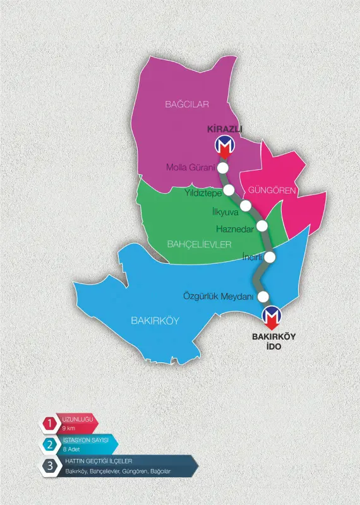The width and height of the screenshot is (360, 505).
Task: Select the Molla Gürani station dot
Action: (223, 168)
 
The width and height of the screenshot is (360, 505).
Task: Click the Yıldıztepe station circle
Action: (229, 190)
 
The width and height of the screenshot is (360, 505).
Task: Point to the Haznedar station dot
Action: (262, 226)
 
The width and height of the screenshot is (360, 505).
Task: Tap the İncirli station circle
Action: (270, 257)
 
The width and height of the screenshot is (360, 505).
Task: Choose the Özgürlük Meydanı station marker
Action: (263, 297)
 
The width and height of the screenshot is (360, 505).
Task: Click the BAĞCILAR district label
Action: (187, 104)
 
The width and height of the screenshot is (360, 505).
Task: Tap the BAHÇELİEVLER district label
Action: (199, 244)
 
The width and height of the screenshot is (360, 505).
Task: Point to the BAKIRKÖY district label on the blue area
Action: (155, 321)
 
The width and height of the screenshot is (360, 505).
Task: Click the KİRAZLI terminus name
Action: (225, 129)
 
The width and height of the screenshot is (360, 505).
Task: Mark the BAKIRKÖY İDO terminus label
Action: (274, 342)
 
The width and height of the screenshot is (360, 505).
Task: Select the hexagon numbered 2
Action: (49, 444)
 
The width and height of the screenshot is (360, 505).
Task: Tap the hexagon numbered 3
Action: (49, 466)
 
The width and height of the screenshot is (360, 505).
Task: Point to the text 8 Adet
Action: (72, 449)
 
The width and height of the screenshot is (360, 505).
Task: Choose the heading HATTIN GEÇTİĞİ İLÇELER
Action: (99, 461)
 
